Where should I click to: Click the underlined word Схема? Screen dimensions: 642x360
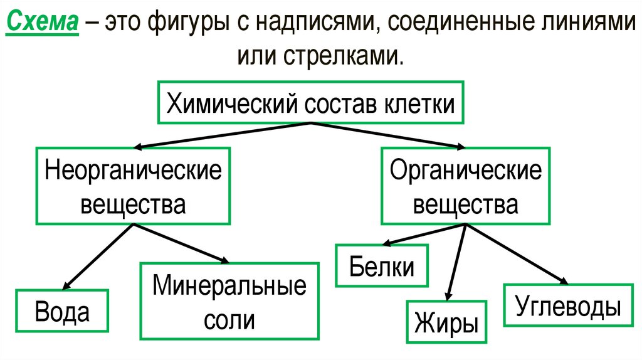(43, 23)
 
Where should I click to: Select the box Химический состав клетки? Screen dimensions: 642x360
(310, 102)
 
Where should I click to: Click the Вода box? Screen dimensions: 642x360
(63, 312)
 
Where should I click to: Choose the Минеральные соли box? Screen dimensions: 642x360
(229, 302)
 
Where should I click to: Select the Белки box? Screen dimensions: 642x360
(382, 267)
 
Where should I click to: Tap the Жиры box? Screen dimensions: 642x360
(447, 322)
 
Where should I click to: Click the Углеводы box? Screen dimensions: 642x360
(569, 306)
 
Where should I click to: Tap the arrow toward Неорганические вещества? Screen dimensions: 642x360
(223, 135)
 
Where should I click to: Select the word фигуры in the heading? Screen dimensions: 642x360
(191, 24)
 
